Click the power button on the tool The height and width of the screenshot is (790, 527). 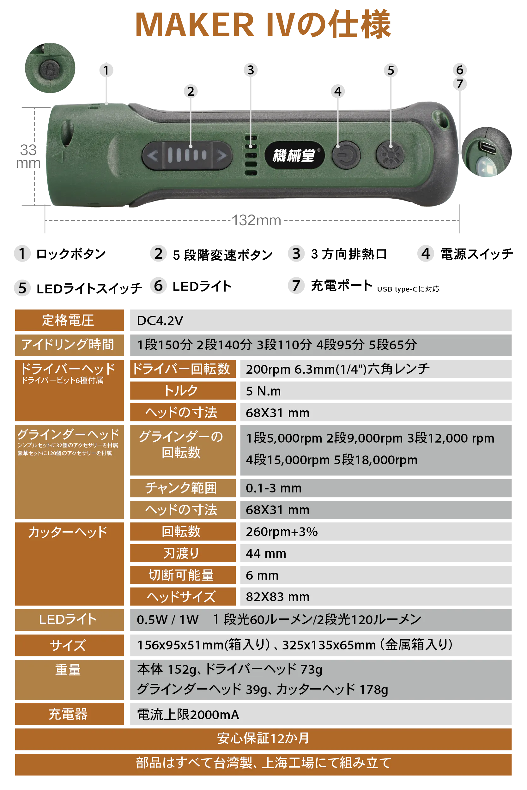[346, 155]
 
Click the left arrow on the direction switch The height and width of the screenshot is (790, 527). [153, 156]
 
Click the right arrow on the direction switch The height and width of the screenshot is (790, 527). [221, 156]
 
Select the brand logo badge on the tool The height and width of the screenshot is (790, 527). [294, 155]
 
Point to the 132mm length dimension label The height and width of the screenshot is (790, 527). [257, 220]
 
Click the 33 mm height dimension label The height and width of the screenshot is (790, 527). [28, 157]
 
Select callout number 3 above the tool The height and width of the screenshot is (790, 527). [251, 70]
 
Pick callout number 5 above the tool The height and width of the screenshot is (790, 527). [391, 70]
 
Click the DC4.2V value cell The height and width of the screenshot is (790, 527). [160, 321]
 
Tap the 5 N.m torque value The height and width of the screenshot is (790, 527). [263, 391]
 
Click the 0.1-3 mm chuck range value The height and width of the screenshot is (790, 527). [274, 488]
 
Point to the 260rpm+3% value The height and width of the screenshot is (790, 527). [282, 532]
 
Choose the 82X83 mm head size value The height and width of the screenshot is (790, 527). [278, 597]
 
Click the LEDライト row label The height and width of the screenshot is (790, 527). [68, 619]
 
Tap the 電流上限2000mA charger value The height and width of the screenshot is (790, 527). [188, 715]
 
